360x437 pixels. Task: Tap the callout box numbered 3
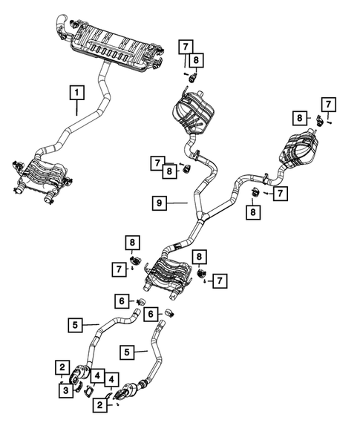tap(65, 390)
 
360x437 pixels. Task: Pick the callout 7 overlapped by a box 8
tap(158, 162)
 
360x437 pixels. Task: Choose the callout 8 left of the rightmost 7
tap(299, 117)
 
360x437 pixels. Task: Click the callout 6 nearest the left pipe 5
tap(120, 300)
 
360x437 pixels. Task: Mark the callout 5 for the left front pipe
tap(75, 323)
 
